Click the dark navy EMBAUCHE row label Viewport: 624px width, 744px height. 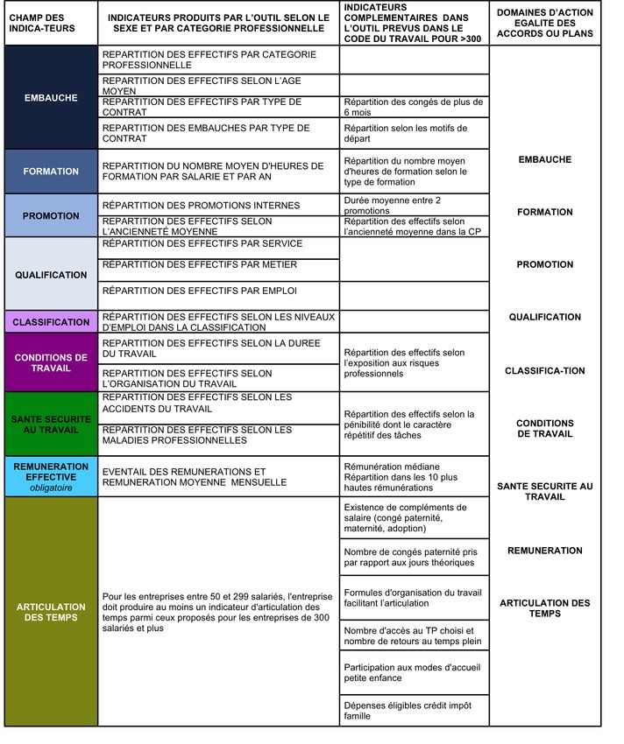pyautogui.click(x=51, y=97)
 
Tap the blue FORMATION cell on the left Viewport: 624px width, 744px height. pyautogui.click(x=51, y=172)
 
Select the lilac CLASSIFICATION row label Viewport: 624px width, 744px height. pyautogui.click(x=51, y=322)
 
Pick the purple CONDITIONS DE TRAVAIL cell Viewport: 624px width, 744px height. pyautogui.click(x=51, y=362)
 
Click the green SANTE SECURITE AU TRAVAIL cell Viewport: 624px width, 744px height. pyautogui.click(x=51, y=425)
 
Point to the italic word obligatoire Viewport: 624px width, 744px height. pyautogui.click(x=51, y=488)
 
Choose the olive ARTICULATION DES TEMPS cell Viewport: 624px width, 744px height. pyautogui.click(x=51, y=612)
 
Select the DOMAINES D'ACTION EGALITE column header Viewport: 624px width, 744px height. pyautogui.click(x=544, y=23)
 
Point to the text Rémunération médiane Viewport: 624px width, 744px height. pyautogui.click(x=392, y=467)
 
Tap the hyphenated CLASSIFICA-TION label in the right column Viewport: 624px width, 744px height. pyautogui.click(x=544, y=371)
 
